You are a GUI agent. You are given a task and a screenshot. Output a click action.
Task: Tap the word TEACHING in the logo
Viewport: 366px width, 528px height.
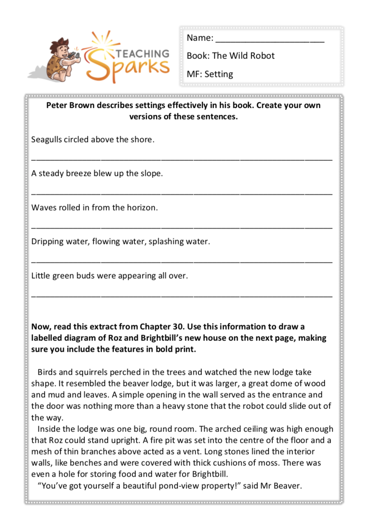[x=142, y=53]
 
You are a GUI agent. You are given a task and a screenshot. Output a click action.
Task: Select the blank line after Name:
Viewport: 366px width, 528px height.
[x=270, y=40]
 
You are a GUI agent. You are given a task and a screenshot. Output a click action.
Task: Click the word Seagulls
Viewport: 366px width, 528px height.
[x=47, y=140]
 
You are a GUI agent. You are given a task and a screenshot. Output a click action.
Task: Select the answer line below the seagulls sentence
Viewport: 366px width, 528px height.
[x=182, y=159]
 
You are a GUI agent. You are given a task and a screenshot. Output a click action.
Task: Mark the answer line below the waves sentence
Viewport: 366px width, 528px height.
[x=182, y=227]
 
